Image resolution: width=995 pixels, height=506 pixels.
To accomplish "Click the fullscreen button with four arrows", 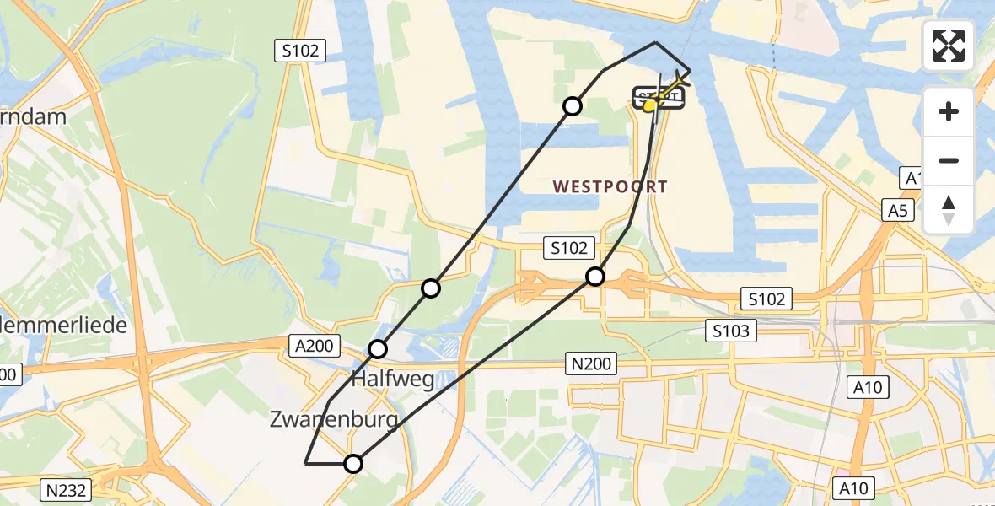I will click(949, 46).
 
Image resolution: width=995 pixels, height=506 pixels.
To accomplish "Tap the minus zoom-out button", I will click(949, 160).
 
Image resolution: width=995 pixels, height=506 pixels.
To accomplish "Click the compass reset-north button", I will click(949, 210).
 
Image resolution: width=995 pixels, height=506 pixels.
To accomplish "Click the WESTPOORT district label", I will click(610, 187).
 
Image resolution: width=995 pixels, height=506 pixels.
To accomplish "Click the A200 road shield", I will click(316, 344).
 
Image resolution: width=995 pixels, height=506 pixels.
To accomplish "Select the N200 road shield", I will click(591, 364).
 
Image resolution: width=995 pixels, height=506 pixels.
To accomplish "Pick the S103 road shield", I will click(730, 331).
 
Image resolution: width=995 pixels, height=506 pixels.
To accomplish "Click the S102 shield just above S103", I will click(766, 299).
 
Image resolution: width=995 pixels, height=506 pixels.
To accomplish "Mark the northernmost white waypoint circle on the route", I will click(573, 105).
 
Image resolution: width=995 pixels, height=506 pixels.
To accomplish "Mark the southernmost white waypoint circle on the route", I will click(353, 463).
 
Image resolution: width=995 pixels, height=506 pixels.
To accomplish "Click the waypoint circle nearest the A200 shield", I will click(378, 348).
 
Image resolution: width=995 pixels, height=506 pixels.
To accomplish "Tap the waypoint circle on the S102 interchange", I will click(595, 276).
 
